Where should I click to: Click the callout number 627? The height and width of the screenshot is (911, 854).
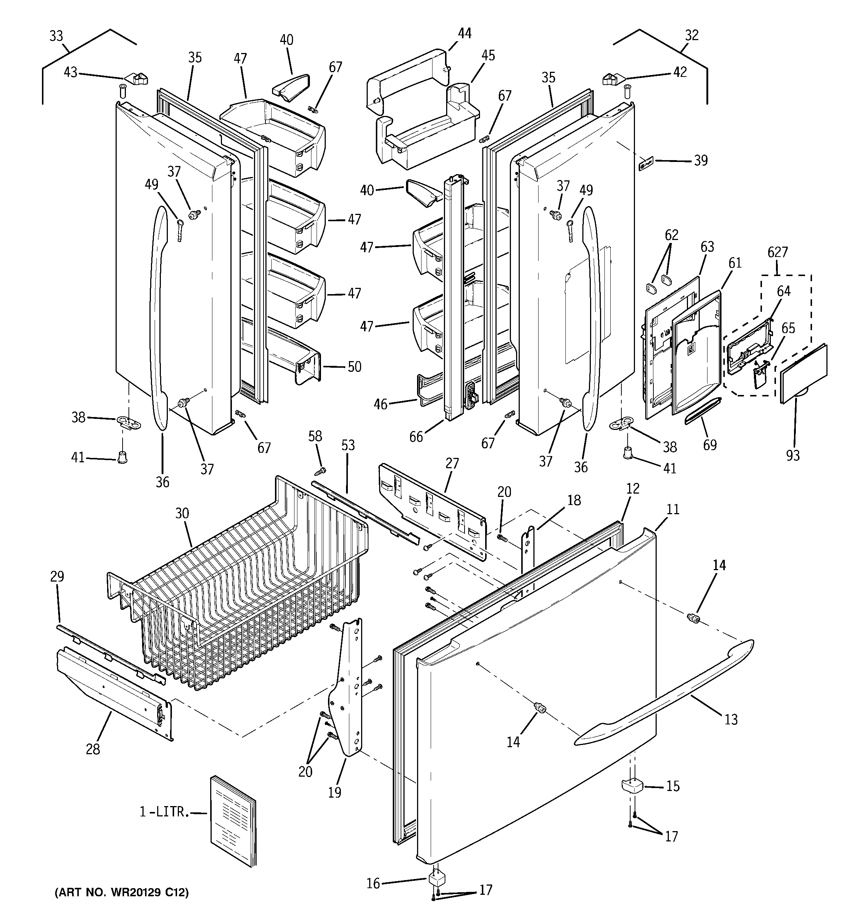click(777, 253)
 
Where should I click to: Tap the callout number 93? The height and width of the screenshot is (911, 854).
click(793, 456)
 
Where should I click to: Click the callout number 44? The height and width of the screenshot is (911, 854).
click(464, 34)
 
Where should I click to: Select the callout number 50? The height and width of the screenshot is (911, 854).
click(354, 367)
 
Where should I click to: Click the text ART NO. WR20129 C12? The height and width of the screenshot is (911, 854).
click(121, 893)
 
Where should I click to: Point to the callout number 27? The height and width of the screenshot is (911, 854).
click(452, 463)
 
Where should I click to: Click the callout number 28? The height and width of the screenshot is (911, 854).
click(93, 749)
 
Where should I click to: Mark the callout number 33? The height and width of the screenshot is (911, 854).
click(56, 36)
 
